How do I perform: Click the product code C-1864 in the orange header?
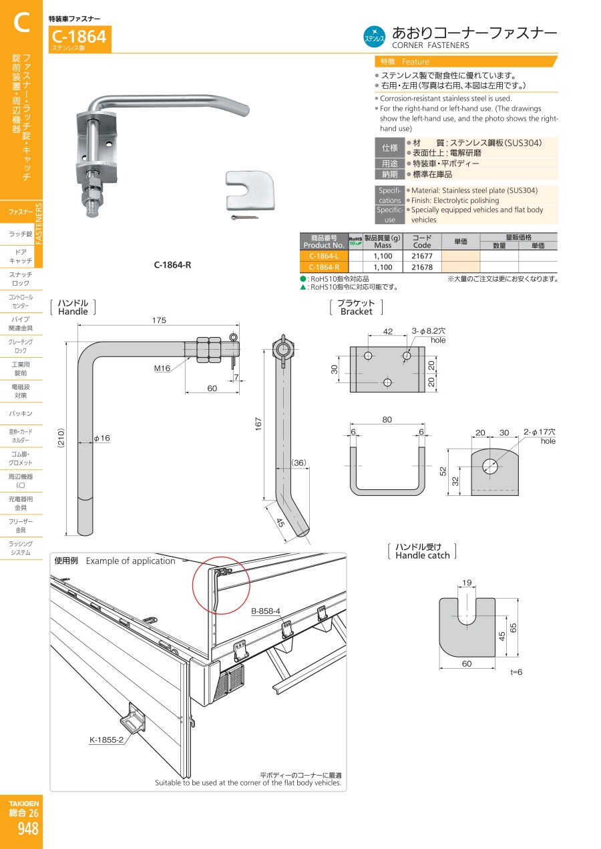[x=79, y=37]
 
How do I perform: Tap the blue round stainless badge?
[x=374, y=37]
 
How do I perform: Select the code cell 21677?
[x=422, y=256]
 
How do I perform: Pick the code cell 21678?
[x=422, y=267]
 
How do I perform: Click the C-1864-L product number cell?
[x=324, y=256]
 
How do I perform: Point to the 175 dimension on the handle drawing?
[x=159, y=320]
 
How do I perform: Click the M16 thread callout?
[x=162, y=368]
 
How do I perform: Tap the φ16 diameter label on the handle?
[x=102, y=438]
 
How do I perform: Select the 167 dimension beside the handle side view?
[x=258, y=424]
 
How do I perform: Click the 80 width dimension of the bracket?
[x=387, y=420]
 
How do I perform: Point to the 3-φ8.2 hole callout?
[x=429, y=335]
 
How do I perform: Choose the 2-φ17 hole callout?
[x=540, y=436]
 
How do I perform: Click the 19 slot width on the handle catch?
[x=467, y=583]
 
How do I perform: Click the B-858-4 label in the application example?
[x=265, y=611]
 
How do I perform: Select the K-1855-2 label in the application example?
[x=107, y=740]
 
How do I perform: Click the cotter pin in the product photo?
[x=244, y=217]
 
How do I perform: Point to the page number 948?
[x=28, y=828]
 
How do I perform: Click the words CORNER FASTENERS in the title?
[x=430, y=45]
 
